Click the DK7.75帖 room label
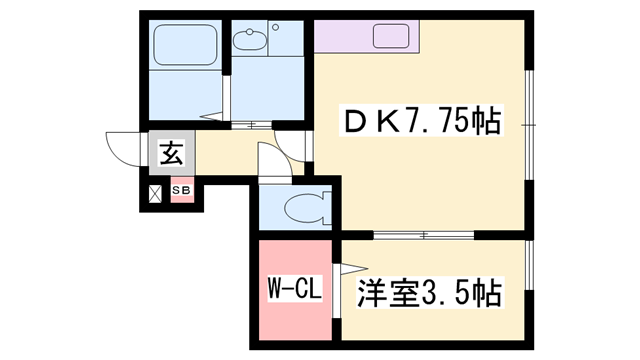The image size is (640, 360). click(x=422, y=121)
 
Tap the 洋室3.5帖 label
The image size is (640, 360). click(x=430, y=293)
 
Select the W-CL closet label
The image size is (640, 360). click(x=295, y=288)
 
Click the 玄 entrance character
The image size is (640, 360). click(x=172, y=153)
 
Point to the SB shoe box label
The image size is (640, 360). click(x=181, y=190)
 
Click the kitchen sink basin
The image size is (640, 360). click(x=391, y=36)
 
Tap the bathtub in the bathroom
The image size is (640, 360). click(x=185, y=45)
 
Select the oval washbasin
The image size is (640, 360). click(x=249, y=40)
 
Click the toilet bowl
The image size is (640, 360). click(x=307, y=208)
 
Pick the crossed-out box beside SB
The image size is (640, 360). click(x=155, y=193)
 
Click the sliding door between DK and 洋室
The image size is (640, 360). click(x=424, y=235)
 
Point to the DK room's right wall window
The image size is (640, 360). click(x=529, y=125)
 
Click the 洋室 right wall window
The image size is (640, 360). click(x=529, y=265)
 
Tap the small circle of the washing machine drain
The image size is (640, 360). click(x=276, y=27)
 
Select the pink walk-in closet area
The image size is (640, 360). click(x=295, y=290)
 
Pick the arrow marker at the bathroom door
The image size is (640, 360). click(x=211, y=116)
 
